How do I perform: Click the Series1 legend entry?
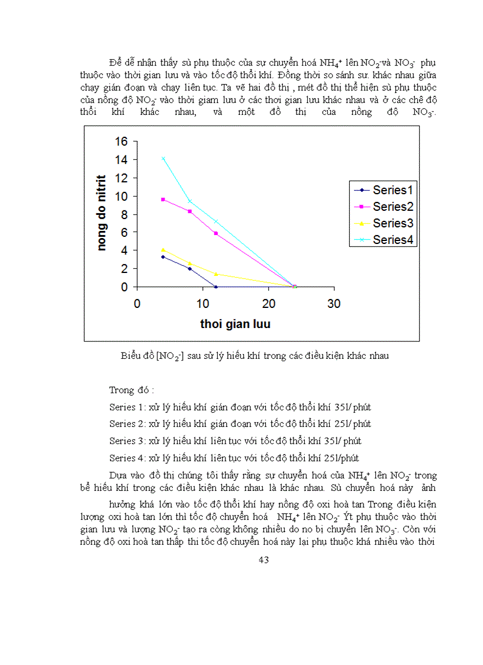point(385,190)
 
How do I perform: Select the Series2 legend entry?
point(385,207)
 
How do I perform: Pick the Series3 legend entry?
point(385,223)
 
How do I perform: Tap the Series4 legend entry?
point(385,240)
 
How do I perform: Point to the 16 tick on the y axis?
point(121,142)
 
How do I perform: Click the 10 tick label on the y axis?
point(121,196)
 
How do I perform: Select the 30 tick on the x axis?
point(334,304)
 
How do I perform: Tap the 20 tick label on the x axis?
point(268,304)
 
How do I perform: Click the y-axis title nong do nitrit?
point(101,213)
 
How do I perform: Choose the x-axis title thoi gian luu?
point(235,324)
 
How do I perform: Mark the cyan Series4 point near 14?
point(163,158)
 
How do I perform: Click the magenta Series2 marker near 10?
point(163,200)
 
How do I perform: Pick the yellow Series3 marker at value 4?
point(163,250)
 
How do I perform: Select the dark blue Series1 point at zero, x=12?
point(215,287)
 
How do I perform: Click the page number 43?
point(264,560)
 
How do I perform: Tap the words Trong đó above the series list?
point(131,390)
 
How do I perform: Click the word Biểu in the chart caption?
point(131,356)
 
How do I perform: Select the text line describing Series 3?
point(235,441)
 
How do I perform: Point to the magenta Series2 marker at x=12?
point(215,234)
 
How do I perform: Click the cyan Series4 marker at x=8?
point(189,201)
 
